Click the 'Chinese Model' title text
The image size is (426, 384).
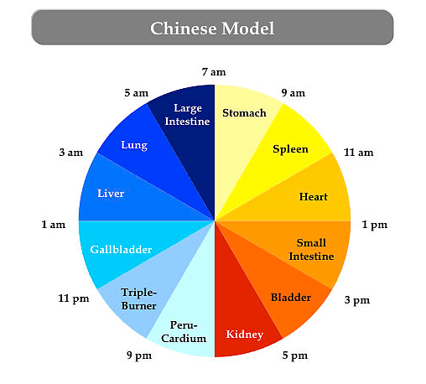[212, 29]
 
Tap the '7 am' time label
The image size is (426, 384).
[214, 72]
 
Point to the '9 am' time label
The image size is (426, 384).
[294, 93]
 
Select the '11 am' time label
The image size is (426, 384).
[359, 153]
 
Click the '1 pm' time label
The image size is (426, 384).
[375, 225]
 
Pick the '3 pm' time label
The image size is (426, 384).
[357, 300]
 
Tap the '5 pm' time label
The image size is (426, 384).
[295, 355]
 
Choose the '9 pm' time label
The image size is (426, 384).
[139, 355]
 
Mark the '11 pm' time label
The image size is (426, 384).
[74, 298]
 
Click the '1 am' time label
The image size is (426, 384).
[54, 225]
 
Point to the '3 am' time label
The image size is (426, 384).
[71, 153]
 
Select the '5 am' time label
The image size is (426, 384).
[137, 93]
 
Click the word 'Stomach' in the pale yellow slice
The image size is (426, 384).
[244, 113]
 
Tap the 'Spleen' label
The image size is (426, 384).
[290, 149]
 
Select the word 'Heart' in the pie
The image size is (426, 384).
[314, 197]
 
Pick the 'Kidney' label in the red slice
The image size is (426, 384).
[245, 335]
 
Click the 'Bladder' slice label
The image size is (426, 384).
[291, 298]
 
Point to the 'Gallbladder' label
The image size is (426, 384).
[121, 249]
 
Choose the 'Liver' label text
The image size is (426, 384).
[111, 194]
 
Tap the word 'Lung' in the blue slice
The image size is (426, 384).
[134, 145]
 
